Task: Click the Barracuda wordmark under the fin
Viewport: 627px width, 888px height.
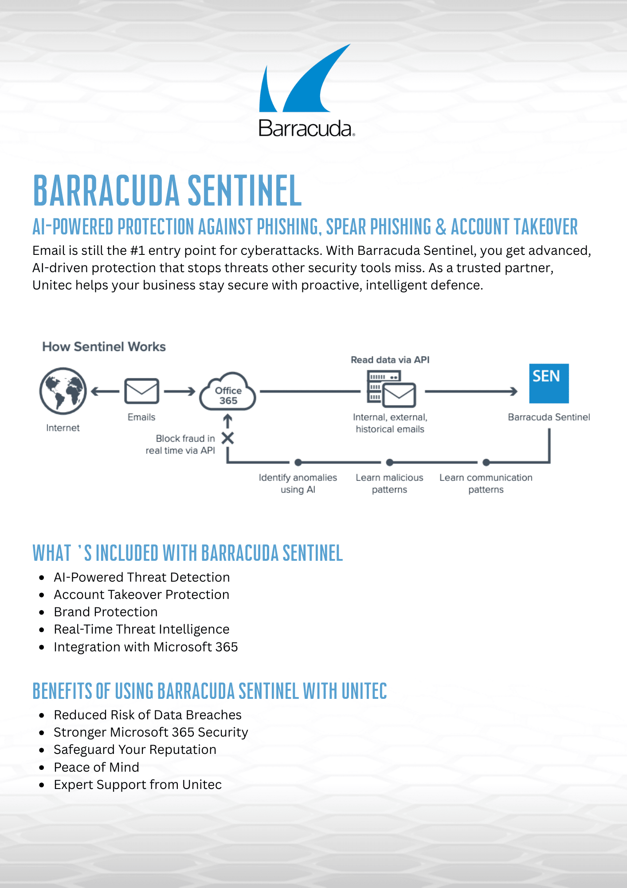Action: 306,128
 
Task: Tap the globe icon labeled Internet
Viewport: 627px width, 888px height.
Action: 63,391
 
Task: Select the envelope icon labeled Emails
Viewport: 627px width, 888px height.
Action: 141,391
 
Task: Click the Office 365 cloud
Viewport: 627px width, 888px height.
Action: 228,392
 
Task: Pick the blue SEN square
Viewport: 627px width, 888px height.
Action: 549,383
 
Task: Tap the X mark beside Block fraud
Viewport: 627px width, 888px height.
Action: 227,438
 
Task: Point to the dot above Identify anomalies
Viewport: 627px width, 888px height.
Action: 298,462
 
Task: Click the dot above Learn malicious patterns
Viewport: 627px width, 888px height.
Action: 389,462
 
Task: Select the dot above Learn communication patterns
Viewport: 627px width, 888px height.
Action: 486,462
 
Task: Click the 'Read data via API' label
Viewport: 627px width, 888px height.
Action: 390,360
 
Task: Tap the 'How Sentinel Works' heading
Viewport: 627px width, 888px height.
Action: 104,347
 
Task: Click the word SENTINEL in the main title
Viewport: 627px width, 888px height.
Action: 245,191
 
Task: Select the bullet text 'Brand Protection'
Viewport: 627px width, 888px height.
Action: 106,612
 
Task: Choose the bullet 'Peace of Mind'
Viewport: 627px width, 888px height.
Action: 96,767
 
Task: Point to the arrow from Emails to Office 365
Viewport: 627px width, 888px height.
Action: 180,391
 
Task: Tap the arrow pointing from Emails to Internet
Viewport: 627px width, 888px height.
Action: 105,391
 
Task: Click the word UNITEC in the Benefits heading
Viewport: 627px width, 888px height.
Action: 364,691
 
